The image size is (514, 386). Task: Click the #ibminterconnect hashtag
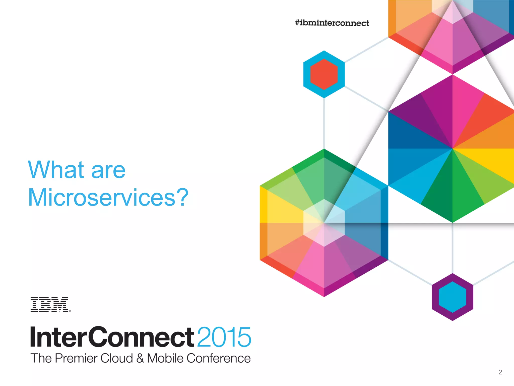coord(332,23)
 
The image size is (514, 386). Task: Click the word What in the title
coord(56,170)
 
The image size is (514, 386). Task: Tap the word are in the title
coord(108,171)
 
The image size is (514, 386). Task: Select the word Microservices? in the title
coord(108,198)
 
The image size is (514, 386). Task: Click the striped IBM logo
coord(49,304)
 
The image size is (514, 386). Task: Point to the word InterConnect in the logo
coord(112,337)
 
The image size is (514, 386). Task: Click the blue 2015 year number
coord(224,337)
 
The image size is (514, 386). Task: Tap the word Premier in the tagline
coord(76,358)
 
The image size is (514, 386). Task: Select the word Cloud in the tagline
coord(116,358)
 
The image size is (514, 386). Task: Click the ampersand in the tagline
coord(140,358)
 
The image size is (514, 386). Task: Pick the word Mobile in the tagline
coord(165,358)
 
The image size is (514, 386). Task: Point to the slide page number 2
coord(500,372)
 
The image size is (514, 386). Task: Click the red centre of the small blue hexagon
coord(324,74)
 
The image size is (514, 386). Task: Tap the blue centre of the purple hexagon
coord(452,297)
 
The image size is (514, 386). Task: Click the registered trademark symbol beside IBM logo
coord(70,311)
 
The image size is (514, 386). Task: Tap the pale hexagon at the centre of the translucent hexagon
coord(324,223)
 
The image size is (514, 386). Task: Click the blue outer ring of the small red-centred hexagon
coord(307,74)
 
